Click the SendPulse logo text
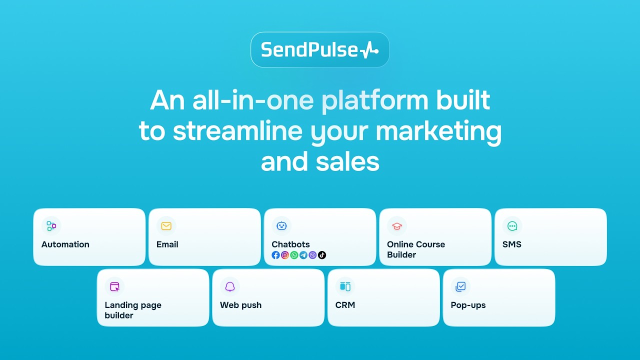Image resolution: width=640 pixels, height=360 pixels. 309,49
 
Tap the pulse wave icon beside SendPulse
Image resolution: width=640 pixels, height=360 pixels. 369,50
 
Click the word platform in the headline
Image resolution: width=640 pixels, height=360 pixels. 375,100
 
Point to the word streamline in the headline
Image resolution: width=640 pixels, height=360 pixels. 237,130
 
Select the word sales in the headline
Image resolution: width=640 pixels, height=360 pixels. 347,161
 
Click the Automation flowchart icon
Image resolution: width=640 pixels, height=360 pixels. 51,225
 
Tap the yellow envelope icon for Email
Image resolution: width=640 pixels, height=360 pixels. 166,225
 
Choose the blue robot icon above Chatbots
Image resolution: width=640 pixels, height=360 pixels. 281,225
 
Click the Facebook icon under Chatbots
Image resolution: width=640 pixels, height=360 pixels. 275,255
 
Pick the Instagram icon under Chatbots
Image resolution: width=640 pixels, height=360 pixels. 285,255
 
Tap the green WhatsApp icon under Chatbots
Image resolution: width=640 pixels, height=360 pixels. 294,255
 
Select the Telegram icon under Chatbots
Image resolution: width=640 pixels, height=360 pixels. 303,255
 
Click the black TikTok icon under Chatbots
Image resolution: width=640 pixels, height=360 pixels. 322,255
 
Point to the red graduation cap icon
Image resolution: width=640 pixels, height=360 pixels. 397,226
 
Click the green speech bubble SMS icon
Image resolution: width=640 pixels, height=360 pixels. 512,226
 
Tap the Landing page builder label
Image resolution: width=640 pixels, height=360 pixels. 133,310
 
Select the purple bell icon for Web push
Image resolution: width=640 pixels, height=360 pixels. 230,286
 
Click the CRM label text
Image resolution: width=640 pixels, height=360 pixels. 345,305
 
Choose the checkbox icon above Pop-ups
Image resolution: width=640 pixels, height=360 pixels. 460,286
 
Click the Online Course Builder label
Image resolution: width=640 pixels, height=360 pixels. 415,249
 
